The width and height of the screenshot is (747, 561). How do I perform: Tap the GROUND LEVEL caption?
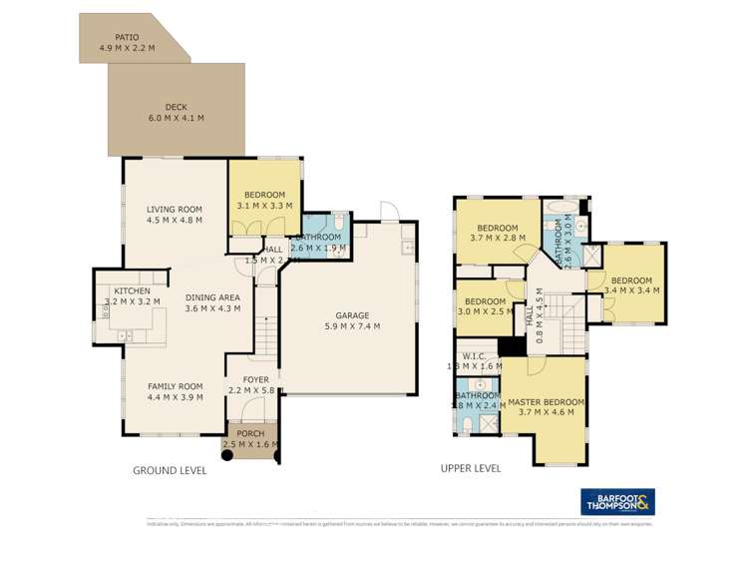pos(170,470)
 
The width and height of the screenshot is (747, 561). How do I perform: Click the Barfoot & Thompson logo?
pos(617,502)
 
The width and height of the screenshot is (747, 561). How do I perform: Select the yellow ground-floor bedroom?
pos(265,199)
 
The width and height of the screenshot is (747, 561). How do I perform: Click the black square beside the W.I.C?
pos(512,346)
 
